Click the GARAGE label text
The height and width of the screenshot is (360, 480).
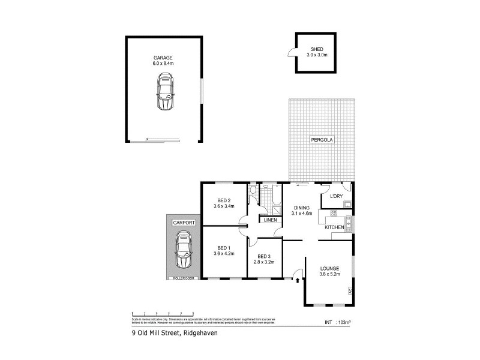pyautogui.click(x=163, y=58)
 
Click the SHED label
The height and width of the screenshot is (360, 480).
pyautogui.click(x=317, y=49)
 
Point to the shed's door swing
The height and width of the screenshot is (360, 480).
pyautogui.click(x=292, y=53)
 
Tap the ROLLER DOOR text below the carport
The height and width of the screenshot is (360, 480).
pyautogui.click(x=183, y=278)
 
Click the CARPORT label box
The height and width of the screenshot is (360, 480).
pyautogui.click(x=184, y=223)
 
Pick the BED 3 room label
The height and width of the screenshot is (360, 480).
pyautogui.click(x=265, y=257)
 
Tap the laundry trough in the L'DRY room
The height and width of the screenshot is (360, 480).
pyautogui.click(x=347, y=203)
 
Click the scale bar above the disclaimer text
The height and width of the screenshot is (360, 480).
pyautogui.click(x=162, y=314)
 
